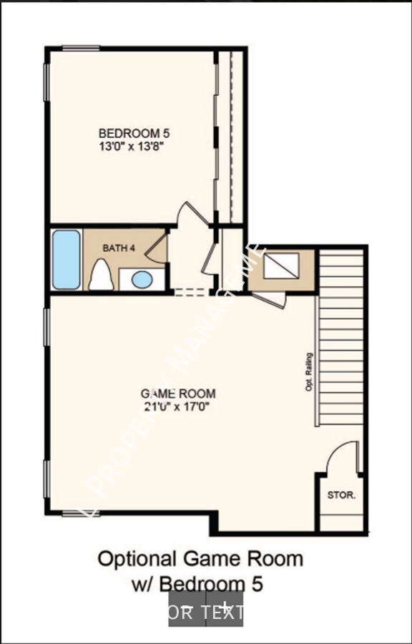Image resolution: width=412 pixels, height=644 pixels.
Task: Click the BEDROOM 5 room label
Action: pos(134,132)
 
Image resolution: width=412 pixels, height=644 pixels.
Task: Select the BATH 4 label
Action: pos(119,248)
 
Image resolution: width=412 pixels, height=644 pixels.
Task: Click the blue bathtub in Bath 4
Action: pos(66,259)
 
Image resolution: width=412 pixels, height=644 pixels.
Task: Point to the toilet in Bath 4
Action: pos(101,275)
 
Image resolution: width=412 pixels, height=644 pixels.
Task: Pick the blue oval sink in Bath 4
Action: pos(142,279)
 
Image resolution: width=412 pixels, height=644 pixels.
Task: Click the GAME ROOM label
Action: pos(178,393)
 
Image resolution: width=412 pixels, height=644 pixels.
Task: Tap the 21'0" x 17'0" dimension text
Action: pos(178,406)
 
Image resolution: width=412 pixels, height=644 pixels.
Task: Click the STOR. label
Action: pos(341,494)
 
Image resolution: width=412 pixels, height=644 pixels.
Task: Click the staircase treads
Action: pos(341,336)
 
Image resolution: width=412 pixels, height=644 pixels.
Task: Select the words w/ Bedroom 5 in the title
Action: pos(198,583)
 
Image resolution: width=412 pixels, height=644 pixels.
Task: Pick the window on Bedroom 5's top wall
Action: pos(81,49)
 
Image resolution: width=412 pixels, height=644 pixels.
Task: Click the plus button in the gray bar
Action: pos(225,608)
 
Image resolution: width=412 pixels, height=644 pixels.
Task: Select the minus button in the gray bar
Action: pos(187,608)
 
